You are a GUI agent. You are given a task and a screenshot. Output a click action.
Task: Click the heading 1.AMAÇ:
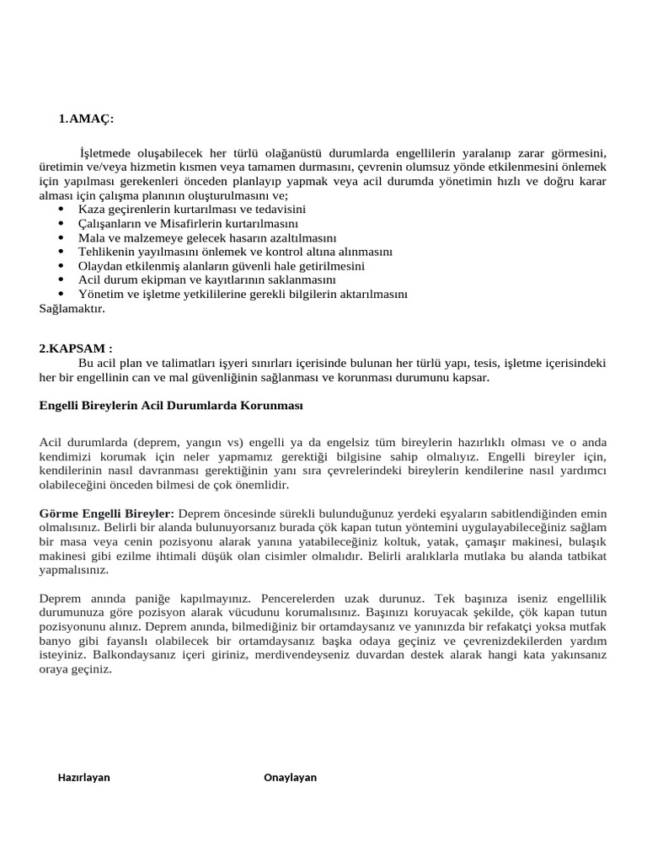(86, 120)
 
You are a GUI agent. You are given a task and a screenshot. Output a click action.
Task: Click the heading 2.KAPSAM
(76, 348)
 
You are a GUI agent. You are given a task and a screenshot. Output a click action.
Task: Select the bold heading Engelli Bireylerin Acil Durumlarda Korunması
(170, 406)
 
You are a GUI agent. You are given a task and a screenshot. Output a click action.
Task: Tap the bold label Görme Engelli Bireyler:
(106, 513)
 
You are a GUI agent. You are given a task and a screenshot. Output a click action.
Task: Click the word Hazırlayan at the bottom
(83, 777)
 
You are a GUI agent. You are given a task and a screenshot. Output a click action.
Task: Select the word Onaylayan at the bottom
(290, 777)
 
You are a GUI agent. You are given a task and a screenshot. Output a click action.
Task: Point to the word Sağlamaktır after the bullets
(72, 309)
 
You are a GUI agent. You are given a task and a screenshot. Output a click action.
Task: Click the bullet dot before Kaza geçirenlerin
(61, 209)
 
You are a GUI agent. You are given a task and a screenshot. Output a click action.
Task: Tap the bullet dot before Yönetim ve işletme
(61, 295)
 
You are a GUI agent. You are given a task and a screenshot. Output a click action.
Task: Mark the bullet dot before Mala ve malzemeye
(61, 237)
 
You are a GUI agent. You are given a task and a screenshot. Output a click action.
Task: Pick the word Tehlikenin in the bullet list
(106, 252)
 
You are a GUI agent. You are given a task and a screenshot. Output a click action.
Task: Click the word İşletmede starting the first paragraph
(105, 152)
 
